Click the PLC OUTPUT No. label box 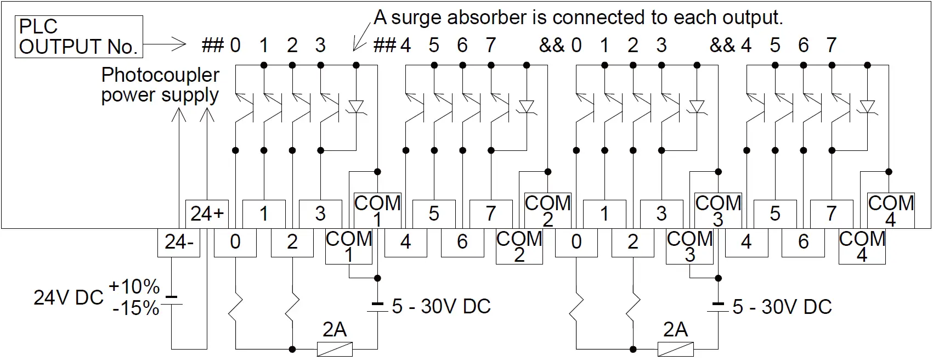click(x=78, y=37)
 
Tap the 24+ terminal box click(x=207, y=213)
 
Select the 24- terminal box click(x=178, y=242)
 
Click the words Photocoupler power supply click(x=160, y=85)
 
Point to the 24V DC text click(x=68, y=297)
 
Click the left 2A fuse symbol click(x=335, y=348)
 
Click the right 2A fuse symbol click(x=675, y=348)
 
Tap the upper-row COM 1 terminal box click(x=377, y=211)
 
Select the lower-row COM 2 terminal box click(x=519, y=246)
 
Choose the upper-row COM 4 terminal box click(x=891, y=211)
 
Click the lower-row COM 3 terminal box click(x=689, y=246)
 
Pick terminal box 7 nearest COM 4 click(x=832, y=213)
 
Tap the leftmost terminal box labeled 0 click(x=235, y=242)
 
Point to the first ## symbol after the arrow click(x=213, y=45)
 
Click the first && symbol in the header click(x=552, y=45)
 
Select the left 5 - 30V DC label click(x=441, y=306)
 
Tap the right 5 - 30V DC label click(x=782, y=306)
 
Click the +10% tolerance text click(x=134, y=286)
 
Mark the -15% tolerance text click(x=135, y=308)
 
